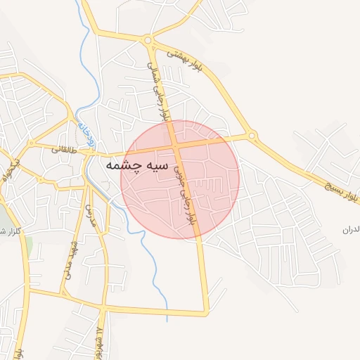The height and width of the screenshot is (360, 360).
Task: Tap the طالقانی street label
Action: click(63, 149)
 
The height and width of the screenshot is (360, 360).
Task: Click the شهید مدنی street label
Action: click(71, 258)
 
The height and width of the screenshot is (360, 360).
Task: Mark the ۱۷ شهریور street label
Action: click(102, 340)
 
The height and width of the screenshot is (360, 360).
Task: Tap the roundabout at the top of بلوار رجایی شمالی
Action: click(148, 40)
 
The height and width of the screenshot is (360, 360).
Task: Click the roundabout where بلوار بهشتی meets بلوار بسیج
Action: click(252, 136)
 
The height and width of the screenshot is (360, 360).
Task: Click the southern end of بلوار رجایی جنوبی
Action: click(207, 311)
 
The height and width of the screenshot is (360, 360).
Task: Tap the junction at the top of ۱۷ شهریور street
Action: click(103, 308)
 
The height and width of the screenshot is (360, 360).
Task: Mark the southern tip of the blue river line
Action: click(167, 321)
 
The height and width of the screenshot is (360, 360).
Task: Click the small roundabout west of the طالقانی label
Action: click(30, 143)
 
